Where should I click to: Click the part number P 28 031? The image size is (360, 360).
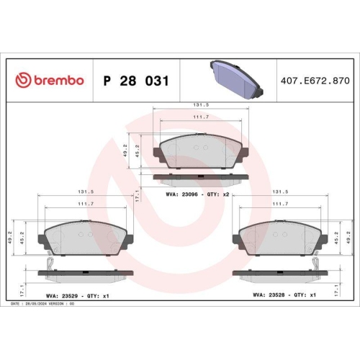tap(136, 81)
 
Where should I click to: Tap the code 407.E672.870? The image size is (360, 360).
tap(314, 81)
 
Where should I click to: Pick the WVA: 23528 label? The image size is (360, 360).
tap(270, 295)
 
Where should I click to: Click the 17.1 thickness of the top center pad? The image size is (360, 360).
tap(138, 194)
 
